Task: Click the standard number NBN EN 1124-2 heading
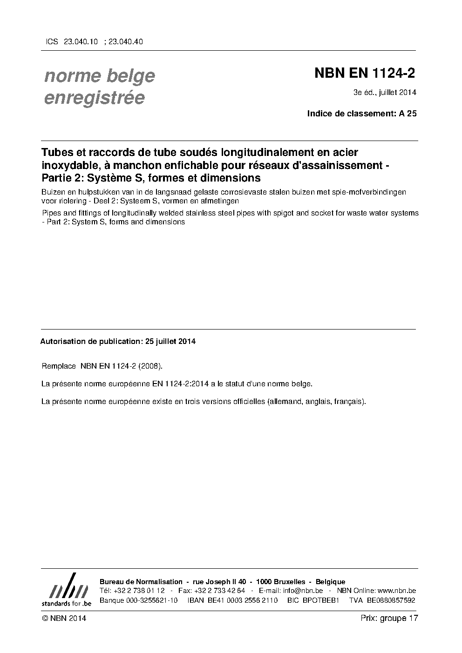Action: [x=365, y=74]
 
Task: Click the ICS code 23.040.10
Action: [x=81, y=41]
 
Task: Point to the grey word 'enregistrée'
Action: [x=94, y=98]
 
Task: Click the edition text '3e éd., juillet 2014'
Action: [x=385, y=92]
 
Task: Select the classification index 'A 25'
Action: [x=408, y=113]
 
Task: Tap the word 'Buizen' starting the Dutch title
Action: [x=52, y=192]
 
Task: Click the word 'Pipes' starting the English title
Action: [x=51, y=213]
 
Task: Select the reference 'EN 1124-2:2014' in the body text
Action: [x=177, y=384]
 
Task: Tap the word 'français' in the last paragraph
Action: [x=349, y=401]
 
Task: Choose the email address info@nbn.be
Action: [x=302, y=591]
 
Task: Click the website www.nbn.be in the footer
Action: [x=397, y=591]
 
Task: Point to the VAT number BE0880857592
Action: [x=391, y=600]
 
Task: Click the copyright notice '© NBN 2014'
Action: [x=64, y=618]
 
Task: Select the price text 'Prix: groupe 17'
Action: [x=389, y=618]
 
